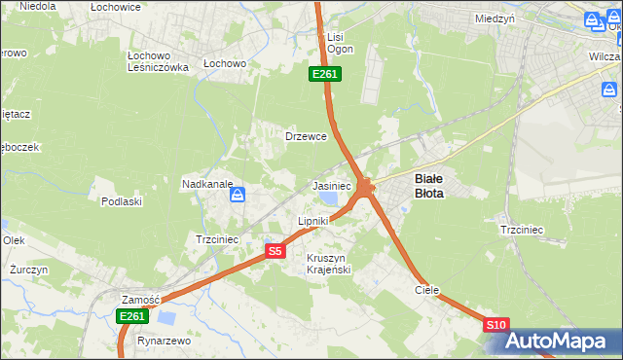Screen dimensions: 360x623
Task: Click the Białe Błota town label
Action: [x=429, y=186]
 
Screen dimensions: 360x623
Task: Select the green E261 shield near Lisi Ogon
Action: [x=324, y=75]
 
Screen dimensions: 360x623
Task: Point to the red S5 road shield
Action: [x=275, y=251]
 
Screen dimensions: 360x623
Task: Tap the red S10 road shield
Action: [x=495, y=325]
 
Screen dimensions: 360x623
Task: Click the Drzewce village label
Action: [x=305, y=136]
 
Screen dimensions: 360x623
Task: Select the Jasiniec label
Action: [x=331, y=185]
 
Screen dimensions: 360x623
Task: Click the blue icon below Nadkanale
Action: [x=237, y=197]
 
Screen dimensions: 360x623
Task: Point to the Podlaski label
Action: [x=122, y=201]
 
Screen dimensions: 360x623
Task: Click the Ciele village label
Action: [x=427, y=290]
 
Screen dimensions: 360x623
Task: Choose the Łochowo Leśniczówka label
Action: [x=158, y=61]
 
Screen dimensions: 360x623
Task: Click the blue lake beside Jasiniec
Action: [x=329, y=198]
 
